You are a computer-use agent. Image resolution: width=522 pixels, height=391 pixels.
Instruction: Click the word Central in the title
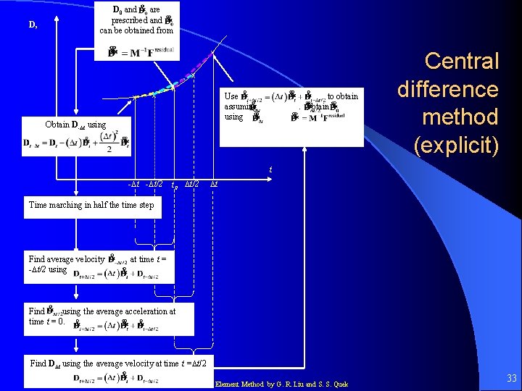pyautogui.click(x=461, y=61)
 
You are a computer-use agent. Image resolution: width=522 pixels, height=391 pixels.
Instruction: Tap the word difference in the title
pyautogui.click(x=448, y=89)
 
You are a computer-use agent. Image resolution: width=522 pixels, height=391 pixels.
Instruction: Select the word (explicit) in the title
pyautogui.click(x=456, y=145)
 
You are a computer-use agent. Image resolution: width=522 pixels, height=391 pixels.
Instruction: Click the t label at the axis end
pyautogui.click(x=270, y=170)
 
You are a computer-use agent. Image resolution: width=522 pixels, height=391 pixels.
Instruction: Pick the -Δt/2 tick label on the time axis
pyautogui.click(x=154, y=185)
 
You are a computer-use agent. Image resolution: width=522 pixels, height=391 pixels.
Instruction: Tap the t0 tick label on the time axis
pyautogui.click(x=174, y=185)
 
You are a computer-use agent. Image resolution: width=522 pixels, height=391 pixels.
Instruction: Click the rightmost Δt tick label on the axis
pyautogui.click(x=215, y=185)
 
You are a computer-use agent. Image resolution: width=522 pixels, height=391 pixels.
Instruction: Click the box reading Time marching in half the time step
pyautogui.click(x=91, y=206)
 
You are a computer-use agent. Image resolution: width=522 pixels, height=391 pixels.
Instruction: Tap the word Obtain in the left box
pyautogui.click(x=57, y=125)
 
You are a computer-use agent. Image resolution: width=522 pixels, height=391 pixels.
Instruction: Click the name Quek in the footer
pyautogui.click(x=339, y=384)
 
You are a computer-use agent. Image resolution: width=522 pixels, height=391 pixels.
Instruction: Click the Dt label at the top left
pyautogui.click(x=33, y=25)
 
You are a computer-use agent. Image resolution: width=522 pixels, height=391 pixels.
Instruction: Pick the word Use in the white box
pyautogui.click(x=231, y=96)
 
